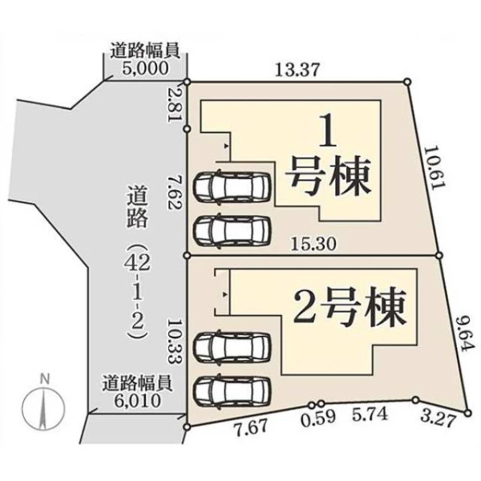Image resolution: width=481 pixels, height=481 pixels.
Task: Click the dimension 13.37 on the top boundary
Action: click(297, 70)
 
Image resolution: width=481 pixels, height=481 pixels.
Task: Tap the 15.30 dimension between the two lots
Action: click(313, 245)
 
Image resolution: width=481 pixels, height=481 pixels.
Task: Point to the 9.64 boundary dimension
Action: click(465, 333)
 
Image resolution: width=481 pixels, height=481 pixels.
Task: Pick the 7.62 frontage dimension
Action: click(175, 192)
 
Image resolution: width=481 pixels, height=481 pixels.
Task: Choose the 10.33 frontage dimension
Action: click(172, 341)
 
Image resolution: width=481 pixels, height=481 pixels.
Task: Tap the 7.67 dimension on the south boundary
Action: click(251, 427)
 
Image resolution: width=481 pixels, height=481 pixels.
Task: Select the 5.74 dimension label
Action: click(370, 414)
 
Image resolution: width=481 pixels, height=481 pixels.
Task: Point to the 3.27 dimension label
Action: click(438, 419)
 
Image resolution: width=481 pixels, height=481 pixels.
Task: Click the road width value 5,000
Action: click(145, 68)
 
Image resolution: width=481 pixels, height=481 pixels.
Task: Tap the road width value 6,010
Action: click(138, 400)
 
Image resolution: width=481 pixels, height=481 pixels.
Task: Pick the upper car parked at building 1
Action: click(232, 186)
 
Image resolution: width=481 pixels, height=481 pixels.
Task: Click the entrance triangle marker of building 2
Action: click(225, 294)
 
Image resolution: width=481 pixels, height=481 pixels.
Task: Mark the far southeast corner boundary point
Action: click(467, 413)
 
